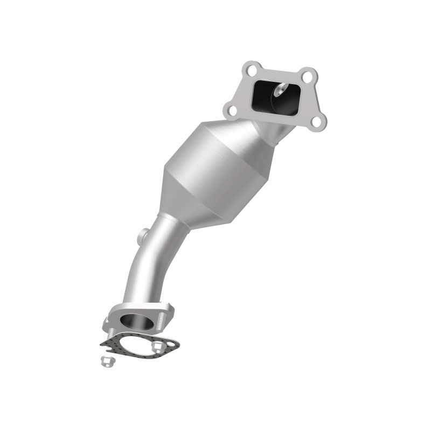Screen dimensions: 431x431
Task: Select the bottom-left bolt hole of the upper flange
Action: tap(232, 110)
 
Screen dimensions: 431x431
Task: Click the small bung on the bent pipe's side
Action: tap(144, 235)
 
